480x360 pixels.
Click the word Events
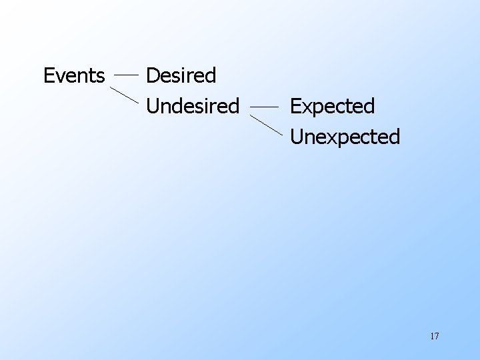(74, 75)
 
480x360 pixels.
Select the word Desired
(181, 75)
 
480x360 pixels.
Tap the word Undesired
(192, 105)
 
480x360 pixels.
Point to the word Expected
(332, 106)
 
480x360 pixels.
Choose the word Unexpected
(345, 137)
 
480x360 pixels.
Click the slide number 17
(434, 336)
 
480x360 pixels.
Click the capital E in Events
(48, 75)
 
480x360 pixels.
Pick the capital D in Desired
(152, 75)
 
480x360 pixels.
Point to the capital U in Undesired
(152, 105)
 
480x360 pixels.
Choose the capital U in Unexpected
(297, 137)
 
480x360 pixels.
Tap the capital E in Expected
(295, 106)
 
